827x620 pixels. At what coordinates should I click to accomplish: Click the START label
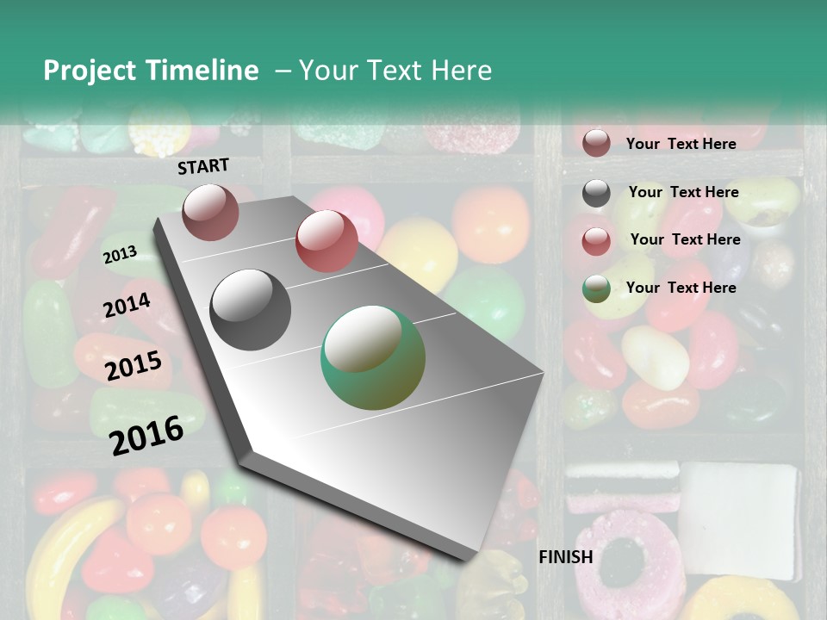point(203,166)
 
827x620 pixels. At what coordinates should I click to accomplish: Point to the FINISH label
point(565,557)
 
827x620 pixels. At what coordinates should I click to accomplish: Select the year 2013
point(120,255)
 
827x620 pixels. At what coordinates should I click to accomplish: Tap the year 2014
point(127,306)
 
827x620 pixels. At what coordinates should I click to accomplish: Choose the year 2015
point(133,366)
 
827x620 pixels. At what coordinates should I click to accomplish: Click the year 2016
point(146,435)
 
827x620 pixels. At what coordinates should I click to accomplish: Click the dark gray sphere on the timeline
point(251,310)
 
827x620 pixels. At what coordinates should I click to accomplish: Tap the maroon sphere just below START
point(210,212)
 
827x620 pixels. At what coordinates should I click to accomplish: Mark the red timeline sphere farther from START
point(326,240)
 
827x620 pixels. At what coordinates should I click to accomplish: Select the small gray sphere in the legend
point(596,193)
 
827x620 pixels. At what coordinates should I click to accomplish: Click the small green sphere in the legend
point(596,288)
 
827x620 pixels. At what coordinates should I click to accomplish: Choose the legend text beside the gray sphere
point(683,192)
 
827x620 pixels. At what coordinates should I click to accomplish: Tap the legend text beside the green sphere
point(681,288)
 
